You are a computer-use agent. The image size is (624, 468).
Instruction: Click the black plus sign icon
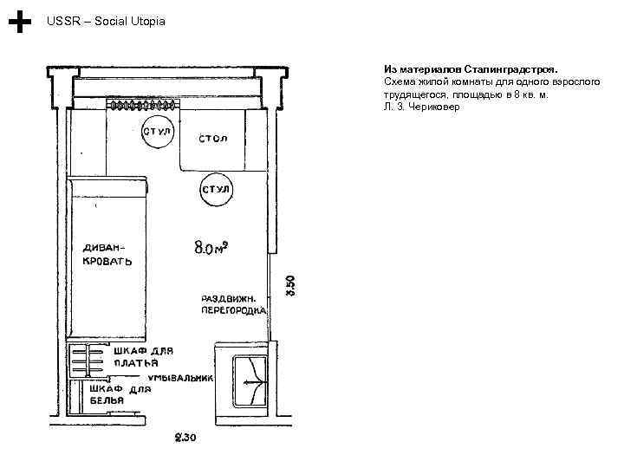click(19, 22)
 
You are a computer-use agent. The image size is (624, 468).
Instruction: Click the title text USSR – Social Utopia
click(106, 21)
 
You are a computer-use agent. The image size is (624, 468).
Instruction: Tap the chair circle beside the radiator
click(158, 132)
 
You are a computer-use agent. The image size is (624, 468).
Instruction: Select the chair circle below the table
click(216, 189)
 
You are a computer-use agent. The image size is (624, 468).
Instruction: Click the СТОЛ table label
click(213, 139)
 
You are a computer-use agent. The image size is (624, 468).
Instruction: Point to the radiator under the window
click(143, 105)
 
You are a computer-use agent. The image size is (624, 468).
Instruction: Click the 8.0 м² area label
click(211, 247)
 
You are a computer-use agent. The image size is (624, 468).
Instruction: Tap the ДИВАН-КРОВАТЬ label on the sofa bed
click(107, 255)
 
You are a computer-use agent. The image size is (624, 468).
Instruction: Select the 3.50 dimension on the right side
click(290, 286)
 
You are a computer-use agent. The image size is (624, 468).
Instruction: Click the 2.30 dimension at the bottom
click(185, 438)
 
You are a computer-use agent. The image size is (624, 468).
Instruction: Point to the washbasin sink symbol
click(250, 381)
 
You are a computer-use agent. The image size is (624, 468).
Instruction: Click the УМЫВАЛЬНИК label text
click(180, 378)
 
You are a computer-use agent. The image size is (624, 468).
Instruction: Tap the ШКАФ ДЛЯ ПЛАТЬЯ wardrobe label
click(144, 357)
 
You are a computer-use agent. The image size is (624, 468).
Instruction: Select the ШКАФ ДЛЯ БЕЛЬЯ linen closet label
click(120, 394)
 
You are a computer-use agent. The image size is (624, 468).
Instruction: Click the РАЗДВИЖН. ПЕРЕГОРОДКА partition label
click(234, 304)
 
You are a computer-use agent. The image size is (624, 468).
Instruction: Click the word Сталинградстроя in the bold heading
click(510, 69)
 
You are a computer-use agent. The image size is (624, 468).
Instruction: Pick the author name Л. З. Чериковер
click(422, 107)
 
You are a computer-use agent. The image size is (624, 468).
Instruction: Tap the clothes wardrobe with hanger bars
click(87, 361)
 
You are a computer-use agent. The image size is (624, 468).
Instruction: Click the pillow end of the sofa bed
click(107, 187)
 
